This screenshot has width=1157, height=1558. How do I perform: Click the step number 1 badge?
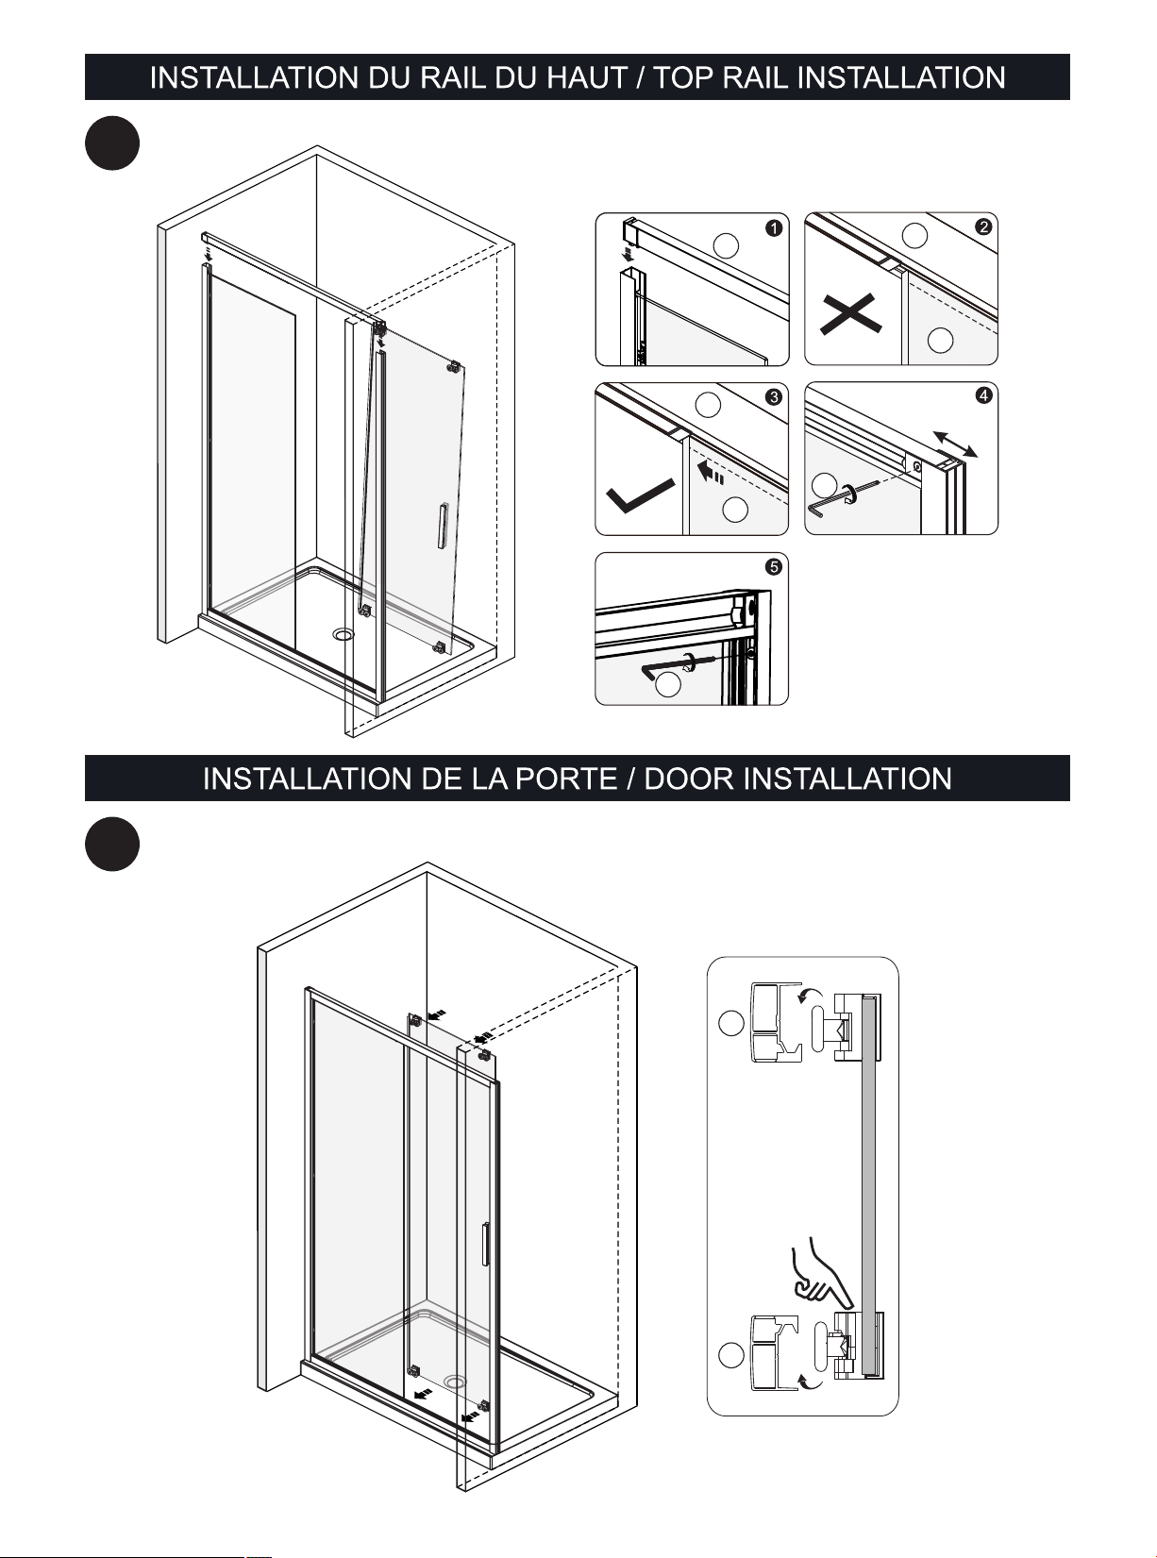click(x=774, y=228)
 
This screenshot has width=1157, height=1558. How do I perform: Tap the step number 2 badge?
click(x=982, y=226)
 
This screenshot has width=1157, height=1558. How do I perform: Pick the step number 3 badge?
click(x=774, y=397)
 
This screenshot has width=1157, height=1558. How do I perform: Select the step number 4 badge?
click(x=982, y=395)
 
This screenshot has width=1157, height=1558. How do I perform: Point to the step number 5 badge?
click(x=774, y=567)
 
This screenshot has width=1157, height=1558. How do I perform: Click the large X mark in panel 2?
click(x=850, y=314)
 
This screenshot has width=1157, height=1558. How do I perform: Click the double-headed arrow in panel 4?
click(x=955, y=444)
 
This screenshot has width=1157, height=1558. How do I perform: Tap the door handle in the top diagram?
click(x=442, y=525)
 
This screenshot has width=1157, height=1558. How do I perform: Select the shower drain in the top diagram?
click(x=344, y=634)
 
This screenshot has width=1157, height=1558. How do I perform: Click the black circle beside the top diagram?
click(x=112, y=143)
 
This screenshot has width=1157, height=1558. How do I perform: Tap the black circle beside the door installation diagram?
click(x=112, y=845)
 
